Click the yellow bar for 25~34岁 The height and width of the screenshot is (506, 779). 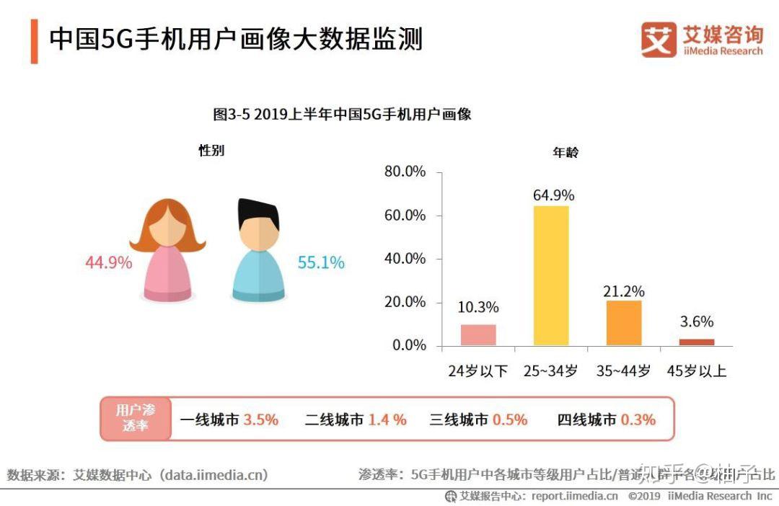[551, 275]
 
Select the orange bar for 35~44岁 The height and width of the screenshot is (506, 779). [624, 323]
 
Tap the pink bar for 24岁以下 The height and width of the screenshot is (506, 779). [478, 335]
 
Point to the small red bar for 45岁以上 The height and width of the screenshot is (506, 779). [697, 342]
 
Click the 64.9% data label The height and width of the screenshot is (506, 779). [553, 195]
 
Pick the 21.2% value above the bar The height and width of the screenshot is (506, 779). [624, 291]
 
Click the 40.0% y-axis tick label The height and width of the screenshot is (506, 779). [405, 259]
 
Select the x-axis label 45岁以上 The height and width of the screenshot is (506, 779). [697, 371]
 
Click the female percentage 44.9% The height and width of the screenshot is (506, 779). [109, 263]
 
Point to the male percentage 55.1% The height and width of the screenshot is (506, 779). [321, 263]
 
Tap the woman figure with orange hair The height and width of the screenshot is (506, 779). [167, 249]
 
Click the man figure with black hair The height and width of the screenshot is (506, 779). [258, 249]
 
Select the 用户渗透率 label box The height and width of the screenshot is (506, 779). [136, 418]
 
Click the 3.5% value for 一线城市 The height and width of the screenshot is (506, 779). [261, 420]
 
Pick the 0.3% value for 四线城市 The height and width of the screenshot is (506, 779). [638, 420]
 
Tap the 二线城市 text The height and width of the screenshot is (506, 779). [334, 420]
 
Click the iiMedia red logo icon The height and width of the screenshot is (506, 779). [658, 40]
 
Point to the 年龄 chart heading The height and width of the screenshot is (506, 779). [565, 153]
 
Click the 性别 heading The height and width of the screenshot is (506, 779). [211, 150]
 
